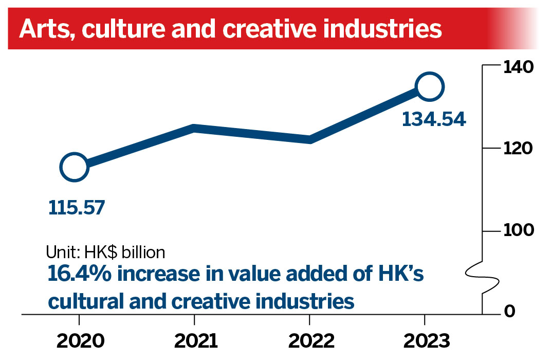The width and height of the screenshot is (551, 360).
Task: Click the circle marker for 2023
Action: pos(430,87)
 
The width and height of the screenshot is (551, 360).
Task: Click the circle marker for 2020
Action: pos(74,167)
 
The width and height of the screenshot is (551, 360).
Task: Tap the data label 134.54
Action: pos(433,119)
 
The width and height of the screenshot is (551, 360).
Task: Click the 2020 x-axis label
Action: pos(79,340)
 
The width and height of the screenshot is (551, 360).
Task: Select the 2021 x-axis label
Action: pos(195,340)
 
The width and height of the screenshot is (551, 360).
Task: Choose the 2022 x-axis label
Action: pos(309,340)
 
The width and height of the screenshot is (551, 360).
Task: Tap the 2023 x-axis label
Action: pos(425,340)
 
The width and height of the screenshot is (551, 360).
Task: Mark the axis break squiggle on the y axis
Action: pos(483,278)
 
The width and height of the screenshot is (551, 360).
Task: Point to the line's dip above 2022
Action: pos(309,139)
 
